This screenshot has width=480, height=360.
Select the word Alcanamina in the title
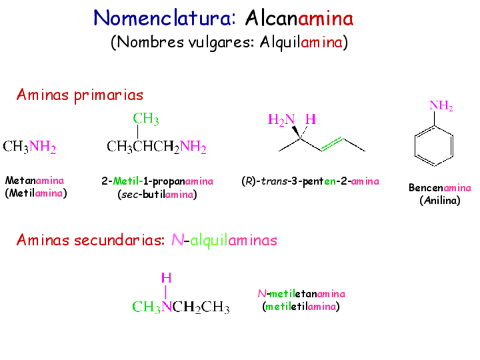tap(299, 18)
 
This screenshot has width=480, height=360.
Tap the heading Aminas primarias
tap(79, 95)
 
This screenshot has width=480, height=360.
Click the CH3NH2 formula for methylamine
tap(29, 148)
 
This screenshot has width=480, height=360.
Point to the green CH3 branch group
tap(145, 119)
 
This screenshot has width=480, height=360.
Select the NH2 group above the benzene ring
tap(441, 106)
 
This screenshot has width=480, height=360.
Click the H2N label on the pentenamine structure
tap(281, 119)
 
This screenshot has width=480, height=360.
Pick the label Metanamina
tap(35, 181)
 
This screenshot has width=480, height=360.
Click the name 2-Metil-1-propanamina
tap(157, 181)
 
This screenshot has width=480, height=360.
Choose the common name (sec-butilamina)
tap(157, 195)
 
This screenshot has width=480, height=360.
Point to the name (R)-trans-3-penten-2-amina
tap(310, 181)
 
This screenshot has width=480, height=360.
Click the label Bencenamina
tap(440, 188)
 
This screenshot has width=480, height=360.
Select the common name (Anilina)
tap(440, 200)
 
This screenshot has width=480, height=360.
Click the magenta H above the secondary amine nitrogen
tap(166, 278)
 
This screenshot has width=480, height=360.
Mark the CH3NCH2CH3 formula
tap(181, 307)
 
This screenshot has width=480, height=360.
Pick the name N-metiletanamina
tap(301, 294)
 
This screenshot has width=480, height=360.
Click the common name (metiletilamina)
tap(301, 307)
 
